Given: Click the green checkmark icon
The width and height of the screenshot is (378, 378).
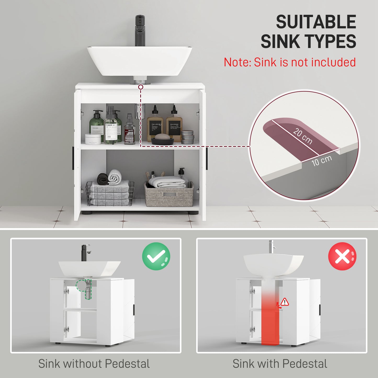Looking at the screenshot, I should tap(156, 256).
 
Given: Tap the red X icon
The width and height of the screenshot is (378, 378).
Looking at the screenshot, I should tap(342, 256).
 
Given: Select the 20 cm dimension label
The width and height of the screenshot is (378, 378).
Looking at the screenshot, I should tap(302, 136).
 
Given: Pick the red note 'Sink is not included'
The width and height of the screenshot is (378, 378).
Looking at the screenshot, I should tap(290, 63).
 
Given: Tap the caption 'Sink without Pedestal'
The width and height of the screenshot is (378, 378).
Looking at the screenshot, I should tap(94, 364).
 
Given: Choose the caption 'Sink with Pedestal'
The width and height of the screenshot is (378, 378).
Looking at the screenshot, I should tap(280, 364).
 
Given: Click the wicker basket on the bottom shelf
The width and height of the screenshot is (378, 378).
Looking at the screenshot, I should tap(169, 194).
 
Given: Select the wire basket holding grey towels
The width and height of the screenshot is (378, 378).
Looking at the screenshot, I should tap(110, 193).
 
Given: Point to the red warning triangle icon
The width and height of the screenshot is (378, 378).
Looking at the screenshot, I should tap(285, 302).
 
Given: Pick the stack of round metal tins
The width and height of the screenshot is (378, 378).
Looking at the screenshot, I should tap(187, 137).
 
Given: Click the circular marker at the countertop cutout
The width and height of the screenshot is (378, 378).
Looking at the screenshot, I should tap(141, 87).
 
